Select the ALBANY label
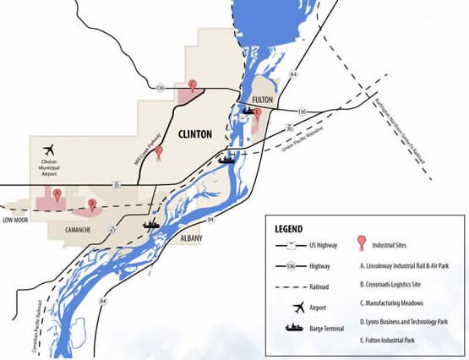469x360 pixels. [x=192, y=239]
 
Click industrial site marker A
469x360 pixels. [x=57, y=194]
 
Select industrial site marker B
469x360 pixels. [x=91, y=203]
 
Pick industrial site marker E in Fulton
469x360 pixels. [x=257, y=112]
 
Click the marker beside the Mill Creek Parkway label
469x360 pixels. [x=159, y=152]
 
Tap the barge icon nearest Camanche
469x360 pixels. [x=152, y=225]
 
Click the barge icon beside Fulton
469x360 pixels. [x=251, y=110]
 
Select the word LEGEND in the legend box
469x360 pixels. [x=293, y=229]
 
